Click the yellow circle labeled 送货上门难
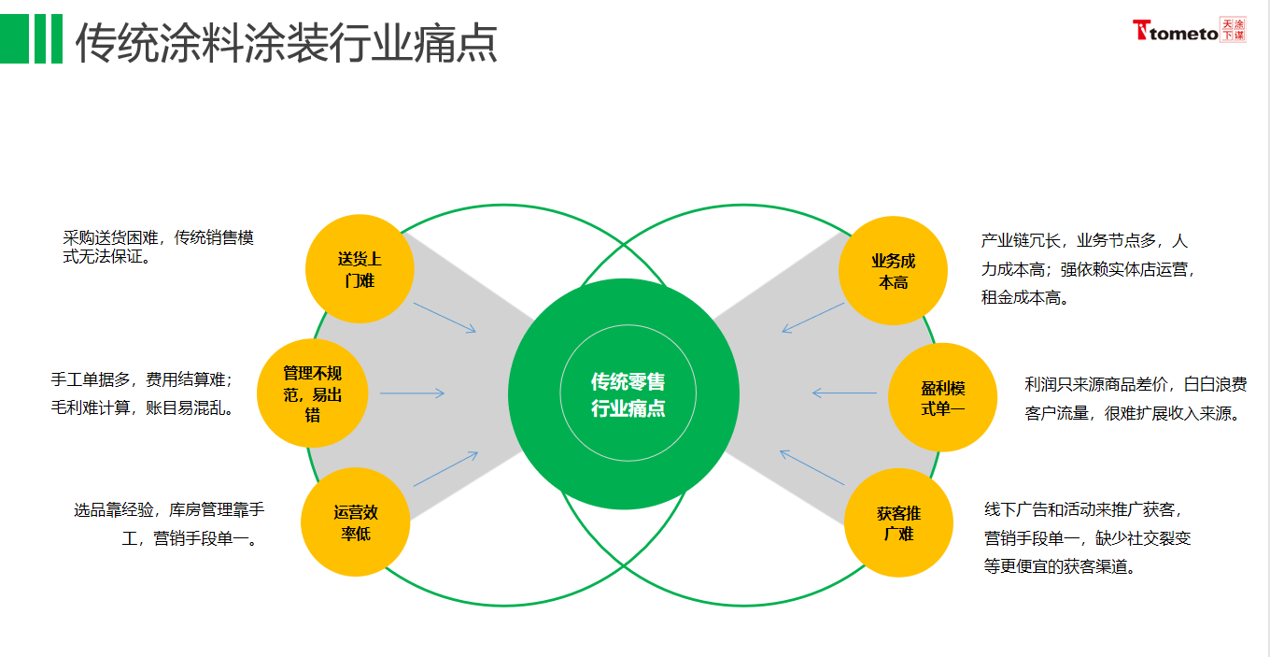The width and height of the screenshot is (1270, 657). [360, 269]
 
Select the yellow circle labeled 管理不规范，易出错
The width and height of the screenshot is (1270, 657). [313, 393]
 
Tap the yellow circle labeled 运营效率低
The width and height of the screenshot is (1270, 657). [356, 522]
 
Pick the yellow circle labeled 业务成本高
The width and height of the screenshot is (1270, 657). [893, 271]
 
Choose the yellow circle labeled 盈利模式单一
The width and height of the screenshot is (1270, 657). [942, 397]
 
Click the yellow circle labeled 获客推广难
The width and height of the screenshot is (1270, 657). [898, 522]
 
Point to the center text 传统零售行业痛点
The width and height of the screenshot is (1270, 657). [628, 394]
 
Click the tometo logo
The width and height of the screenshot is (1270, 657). [1189, 31]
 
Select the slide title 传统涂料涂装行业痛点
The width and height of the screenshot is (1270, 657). [287, 43]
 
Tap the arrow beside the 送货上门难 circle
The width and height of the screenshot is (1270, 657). [444, 318]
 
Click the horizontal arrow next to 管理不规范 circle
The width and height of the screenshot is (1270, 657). [412, 393]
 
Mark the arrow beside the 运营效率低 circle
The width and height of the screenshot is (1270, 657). [445, 468]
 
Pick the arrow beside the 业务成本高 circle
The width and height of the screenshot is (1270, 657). [812, 318]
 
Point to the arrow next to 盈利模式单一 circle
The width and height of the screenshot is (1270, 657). [844, 393]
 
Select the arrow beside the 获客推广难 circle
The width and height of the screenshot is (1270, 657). [811, 467]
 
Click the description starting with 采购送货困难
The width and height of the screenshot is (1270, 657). [158, 247]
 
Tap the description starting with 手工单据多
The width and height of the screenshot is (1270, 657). [142, 393]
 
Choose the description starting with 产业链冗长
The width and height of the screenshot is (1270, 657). [1087, 269]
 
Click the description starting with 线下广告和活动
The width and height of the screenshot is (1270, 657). [1087, 538]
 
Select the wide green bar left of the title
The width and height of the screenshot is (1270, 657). [14, 38]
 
